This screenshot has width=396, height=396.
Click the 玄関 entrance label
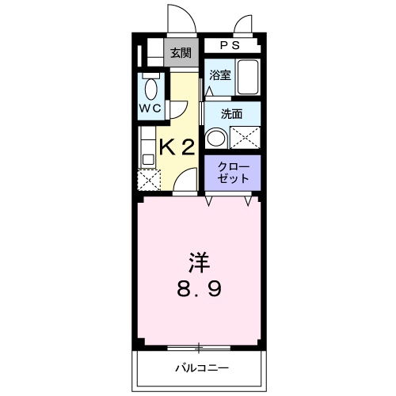point(181,53)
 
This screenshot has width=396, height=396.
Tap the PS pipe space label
point(230,45)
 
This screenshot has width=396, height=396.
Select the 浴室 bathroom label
point(220,75)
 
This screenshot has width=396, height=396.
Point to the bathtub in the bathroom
point(247,77)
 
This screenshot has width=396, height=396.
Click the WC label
point(150,109)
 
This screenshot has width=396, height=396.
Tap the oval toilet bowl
point(150,89)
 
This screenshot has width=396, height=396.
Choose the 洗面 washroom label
point(231,114)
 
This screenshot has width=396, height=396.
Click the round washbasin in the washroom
point(216,139)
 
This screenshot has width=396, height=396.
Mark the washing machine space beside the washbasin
point(245,138)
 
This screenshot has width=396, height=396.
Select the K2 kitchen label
point(177,148)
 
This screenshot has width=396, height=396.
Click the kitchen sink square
point(148,159)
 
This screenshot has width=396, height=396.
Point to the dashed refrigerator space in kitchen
point(149,180)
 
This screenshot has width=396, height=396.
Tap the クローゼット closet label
point(233,173)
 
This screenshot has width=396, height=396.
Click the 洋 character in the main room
point(200,263)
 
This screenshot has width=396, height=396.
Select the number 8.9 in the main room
point(199,288)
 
